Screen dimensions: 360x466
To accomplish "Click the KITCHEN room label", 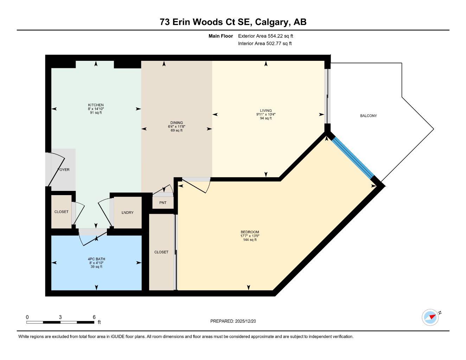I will [96, 105].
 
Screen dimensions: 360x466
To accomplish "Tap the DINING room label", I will [176, 123].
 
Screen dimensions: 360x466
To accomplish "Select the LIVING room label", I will [266, 111].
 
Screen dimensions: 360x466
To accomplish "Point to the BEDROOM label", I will [250, 232].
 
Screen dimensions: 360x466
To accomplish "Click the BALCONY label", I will [368, 116].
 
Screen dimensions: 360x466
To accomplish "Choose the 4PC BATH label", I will [96, 259].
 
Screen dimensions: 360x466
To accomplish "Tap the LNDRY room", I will [127, 213].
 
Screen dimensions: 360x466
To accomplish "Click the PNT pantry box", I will [163, 203].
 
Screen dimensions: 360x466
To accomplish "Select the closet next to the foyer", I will [61, 212].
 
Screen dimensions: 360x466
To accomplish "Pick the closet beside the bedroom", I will [161, 252].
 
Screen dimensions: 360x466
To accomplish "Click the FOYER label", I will [64, 170].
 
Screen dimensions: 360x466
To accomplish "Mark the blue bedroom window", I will [353, 158].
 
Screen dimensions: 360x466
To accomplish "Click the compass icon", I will [430, 317].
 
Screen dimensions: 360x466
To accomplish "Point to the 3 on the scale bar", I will [60, 317].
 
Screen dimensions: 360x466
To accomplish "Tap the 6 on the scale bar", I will [94, 317].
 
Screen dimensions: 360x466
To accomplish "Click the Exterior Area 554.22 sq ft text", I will [266, 36].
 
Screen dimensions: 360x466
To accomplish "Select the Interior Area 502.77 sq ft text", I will [265, 44].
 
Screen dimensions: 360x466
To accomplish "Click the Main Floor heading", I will [221, 36].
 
